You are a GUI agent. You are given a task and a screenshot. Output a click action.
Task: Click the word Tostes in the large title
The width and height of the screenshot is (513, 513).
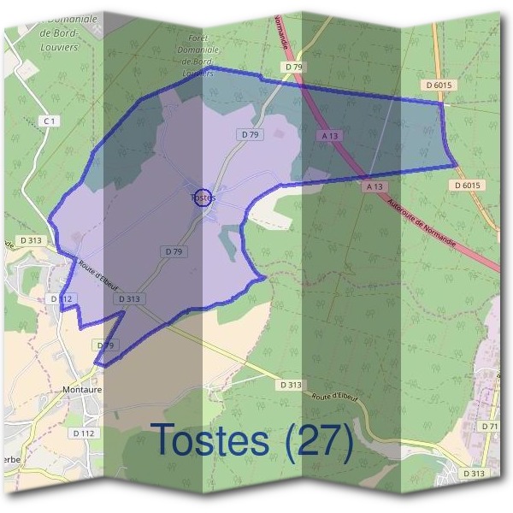coord(210,439)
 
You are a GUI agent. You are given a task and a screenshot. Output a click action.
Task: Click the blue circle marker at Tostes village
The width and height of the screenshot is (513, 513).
coord(203,197)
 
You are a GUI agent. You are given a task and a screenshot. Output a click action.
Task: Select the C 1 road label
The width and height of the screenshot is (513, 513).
coord(50,122)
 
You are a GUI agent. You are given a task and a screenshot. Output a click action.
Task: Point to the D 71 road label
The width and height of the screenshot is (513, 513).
coord(489,426)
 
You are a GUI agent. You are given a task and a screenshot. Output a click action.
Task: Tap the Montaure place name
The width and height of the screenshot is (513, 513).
coord(83,388)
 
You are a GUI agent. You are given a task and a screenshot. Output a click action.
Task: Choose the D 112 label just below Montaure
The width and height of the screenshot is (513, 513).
coord(83,433)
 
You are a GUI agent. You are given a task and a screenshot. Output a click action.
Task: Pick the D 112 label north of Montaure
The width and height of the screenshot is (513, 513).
coord(62,298)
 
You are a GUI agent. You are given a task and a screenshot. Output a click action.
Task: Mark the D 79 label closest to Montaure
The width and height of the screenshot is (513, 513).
coord(105,345)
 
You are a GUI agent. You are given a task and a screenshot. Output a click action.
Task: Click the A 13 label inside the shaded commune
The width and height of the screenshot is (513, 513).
coord(330,136)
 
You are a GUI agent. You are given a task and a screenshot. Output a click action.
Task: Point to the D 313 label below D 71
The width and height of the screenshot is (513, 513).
coord(474,472)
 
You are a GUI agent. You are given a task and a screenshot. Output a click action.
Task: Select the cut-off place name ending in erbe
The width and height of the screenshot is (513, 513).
coord(10,457)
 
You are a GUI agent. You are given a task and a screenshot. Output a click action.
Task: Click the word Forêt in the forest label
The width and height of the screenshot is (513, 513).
coord(198,38)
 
